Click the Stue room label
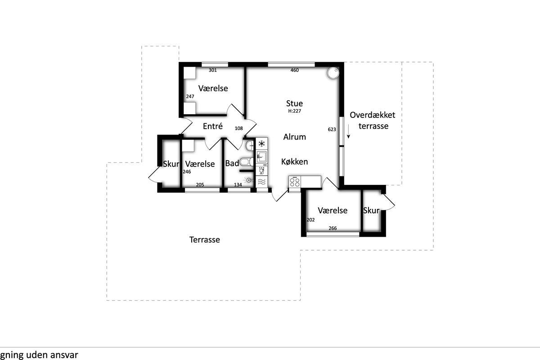coord(294,103)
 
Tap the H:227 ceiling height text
coord(294,111)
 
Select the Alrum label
coord(294,137)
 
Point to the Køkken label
coord(294,162)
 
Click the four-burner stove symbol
coord(295,182)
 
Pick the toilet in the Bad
coord(247,162)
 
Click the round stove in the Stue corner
coord(333,73)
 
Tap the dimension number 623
coord(332,130)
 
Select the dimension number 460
coord(294,70)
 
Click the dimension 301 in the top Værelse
coord(212,70)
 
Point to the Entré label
coord(212,126)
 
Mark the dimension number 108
coord(238,129)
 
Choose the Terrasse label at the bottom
coord(204,240)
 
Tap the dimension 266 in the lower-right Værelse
coord(333,228)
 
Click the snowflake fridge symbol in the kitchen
coord(261,144)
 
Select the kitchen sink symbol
coord(261,157)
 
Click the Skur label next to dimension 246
coord(171,164)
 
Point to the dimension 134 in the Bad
coord(238,184)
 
